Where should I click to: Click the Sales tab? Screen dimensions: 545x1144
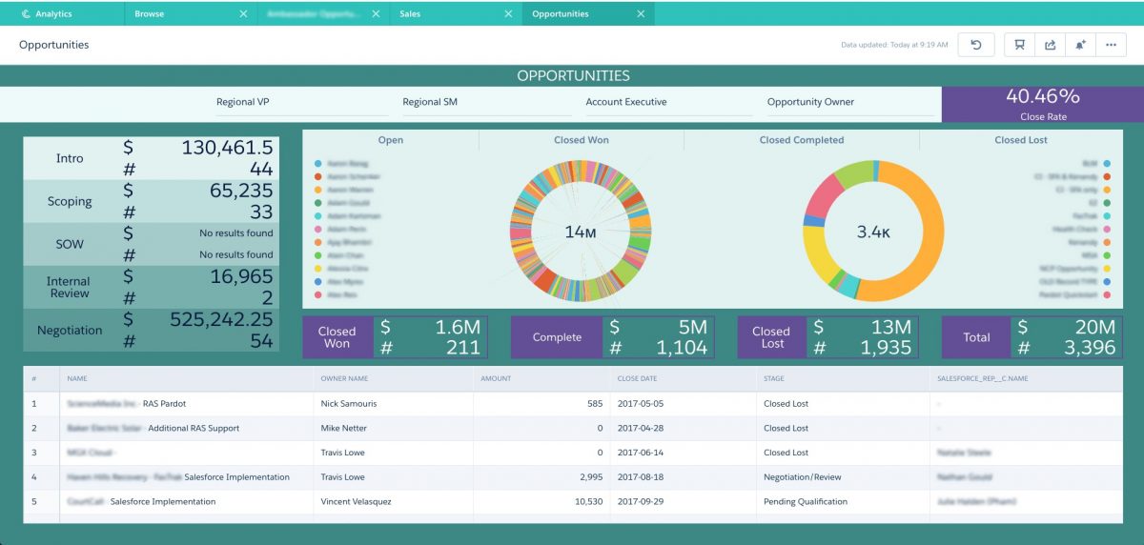coord(411,14)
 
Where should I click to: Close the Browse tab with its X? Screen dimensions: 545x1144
coord(243,14)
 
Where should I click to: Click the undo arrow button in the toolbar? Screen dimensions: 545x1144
coord(976,45)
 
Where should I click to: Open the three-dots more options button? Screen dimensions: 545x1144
coord(1111,45)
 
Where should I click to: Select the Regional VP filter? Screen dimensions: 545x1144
coord(249,102)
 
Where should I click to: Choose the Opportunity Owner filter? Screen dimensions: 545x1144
coord(810,102)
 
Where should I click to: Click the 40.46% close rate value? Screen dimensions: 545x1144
coord(1042,96)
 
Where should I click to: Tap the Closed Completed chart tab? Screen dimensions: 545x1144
coord(801,140)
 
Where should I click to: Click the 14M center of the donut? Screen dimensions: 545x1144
coord(581,232)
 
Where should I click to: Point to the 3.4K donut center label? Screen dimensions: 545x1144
coord(874,232)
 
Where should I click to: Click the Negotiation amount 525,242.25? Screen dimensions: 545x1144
coord(221,319)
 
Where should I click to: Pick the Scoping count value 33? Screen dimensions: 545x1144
coord(260,212)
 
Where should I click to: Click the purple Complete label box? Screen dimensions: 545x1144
coord(557,337)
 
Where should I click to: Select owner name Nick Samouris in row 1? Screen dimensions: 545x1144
coord(349,404)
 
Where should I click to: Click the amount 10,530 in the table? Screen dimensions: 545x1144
coord(584,501)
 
